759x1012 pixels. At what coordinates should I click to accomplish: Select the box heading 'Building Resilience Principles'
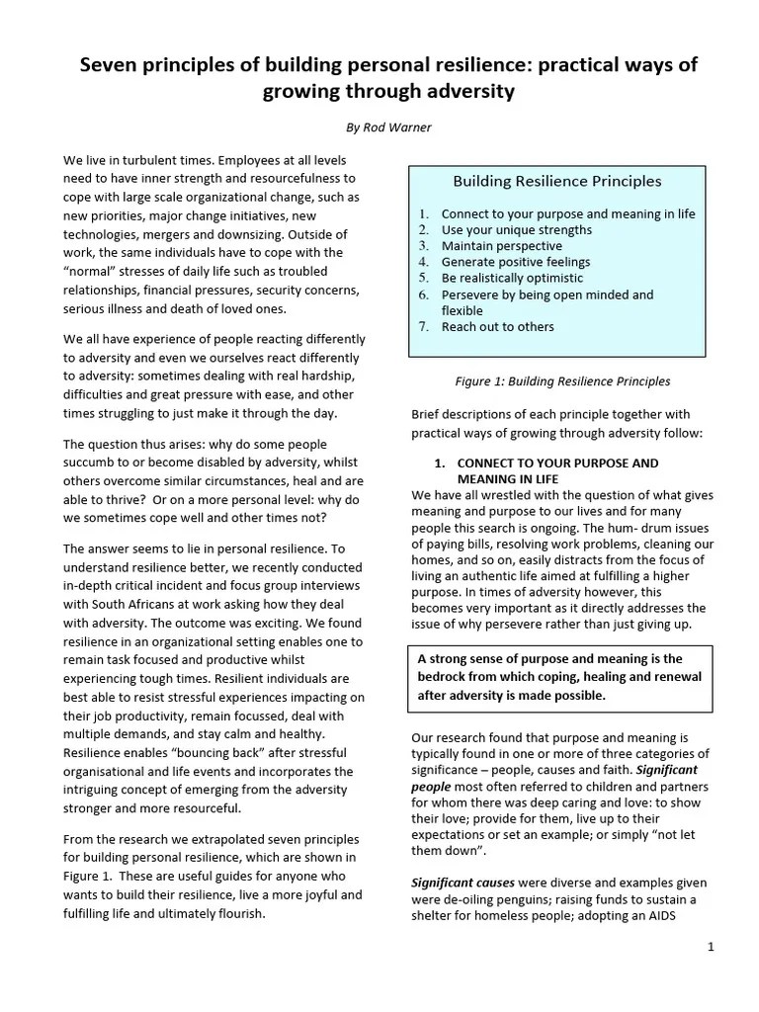[x=556, y=181]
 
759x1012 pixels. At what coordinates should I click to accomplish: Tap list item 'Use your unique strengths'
[x=516, y=229]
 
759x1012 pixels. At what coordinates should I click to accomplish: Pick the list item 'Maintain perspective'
[x=501, y=246]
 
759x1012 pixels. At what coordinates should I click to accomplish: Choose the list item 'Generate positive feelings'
[x=515, y=262]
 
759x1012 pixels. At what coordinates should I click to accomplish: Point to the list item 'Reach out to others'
[x=497, y=326]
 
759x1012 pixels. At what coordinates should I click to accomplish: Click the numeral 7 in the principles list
[x=422, y=326]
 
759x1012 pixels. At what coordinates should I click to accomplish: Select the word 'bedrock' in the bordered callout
[x=443, y=677]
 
